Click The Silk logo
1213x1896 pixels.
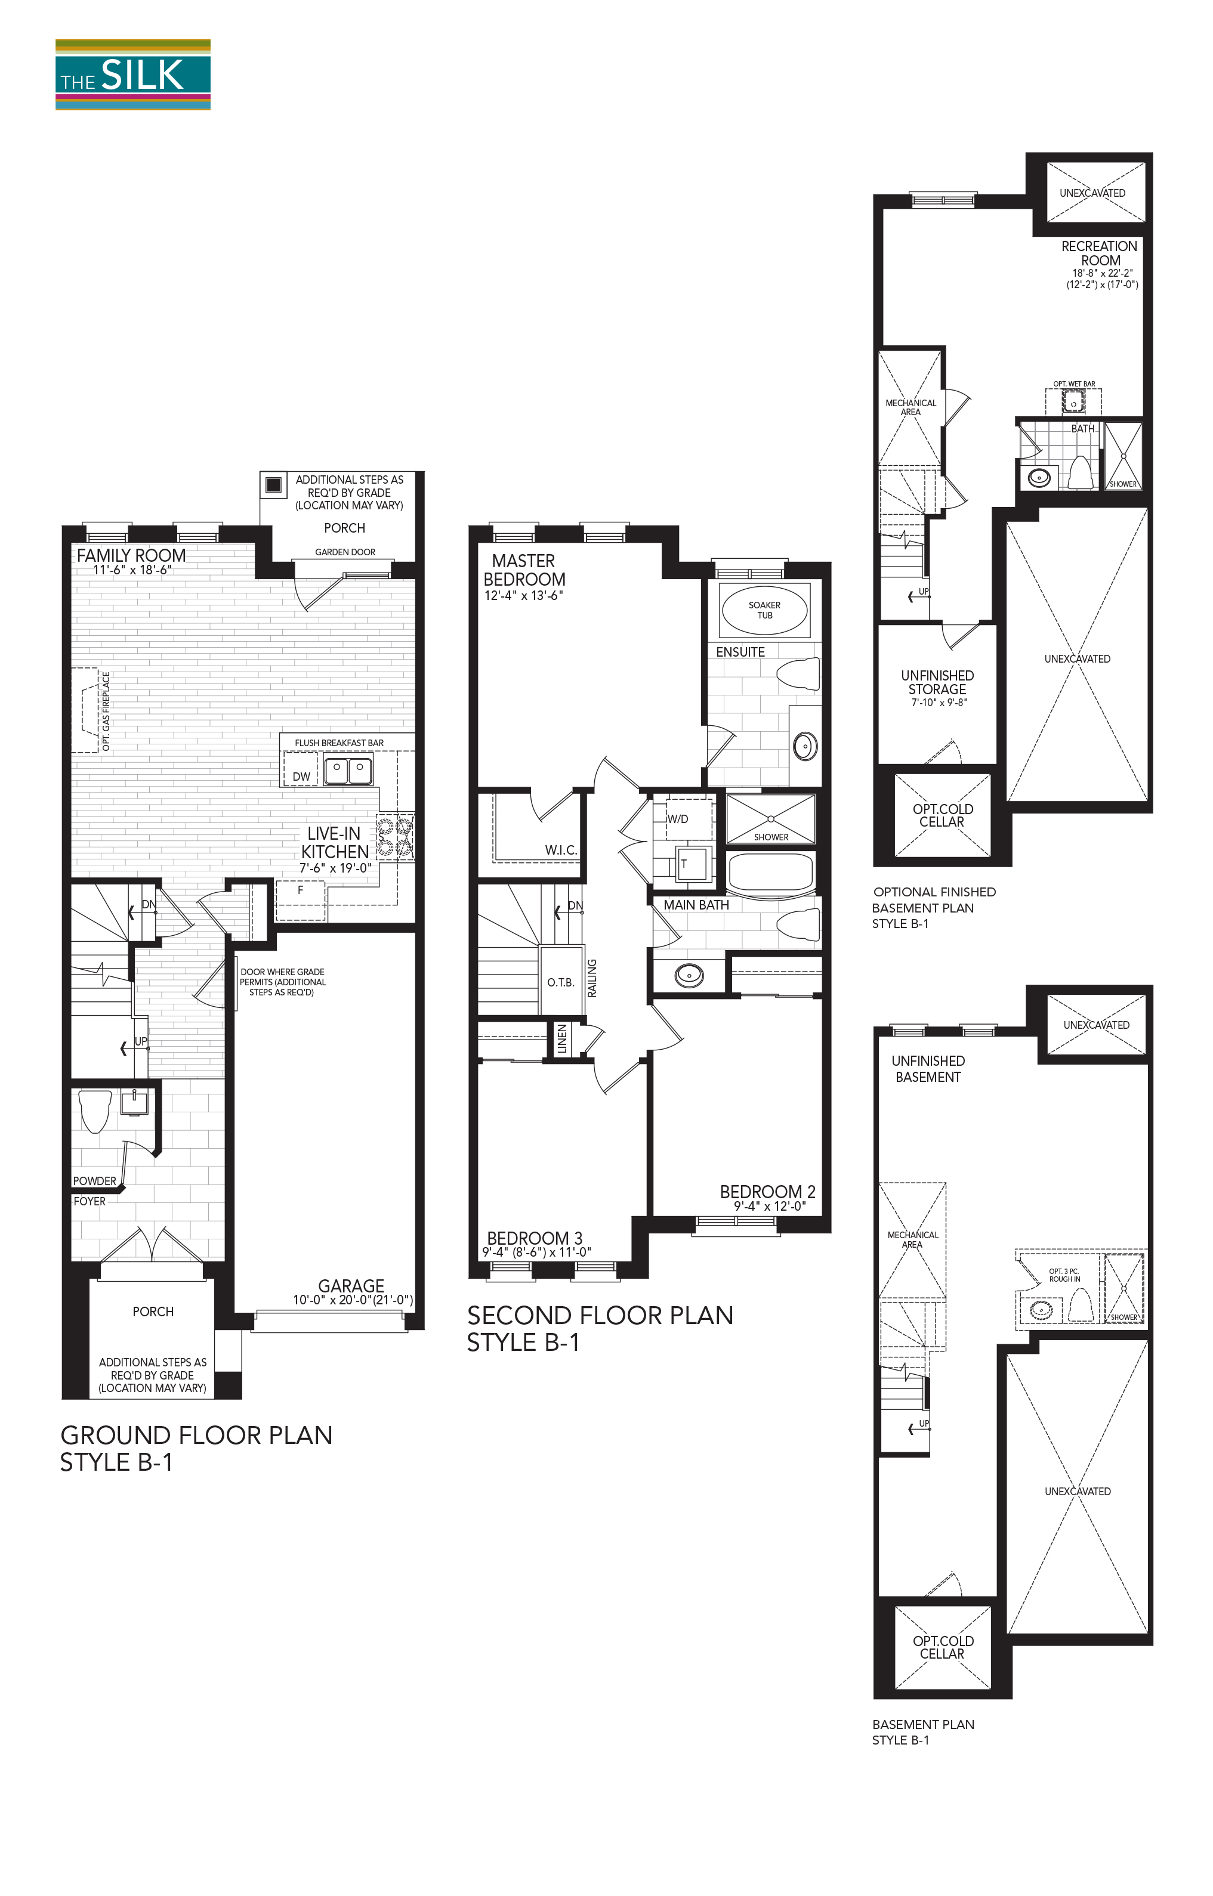click(x=132, y=75)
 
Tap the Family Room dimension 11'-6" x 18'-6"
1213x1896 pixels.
click(x=132, y=570)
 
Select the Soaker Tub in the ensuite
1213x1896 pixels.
click(x=764, y=610)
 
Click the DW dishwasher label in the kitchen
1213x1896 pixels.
click(x=301, y=777)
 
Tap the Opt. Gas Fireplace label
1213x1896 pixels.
click(x=106, y=710)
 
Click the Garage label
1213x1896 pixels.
click(x=351, y=1286)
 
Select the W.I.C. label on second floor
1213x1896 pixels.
click(x=561, y=850)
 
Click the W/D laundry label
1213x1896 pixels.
click(x=677, y=819)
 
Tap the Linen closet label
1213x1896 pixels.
click(x=561, y=1040)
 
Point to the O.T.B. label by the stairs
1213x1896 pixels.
click(x=561, y=983)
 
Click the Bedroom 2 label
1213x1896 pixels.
click(x=767, y=1192)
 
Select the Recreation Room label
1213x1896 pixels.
click(x=1100, y=253)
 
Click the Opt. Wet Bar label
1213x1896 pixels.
click(x=1073, y=384)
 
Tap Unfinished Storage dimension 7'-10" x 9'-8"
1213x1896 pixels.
click(x=938, y=703)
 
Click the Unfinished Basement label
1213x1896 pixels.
click(x=928, y=1068)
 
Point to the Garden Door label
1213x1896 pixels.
click(x=345, y=552)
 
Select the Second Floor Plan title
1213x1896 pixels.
click(x=600, y=1315)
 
